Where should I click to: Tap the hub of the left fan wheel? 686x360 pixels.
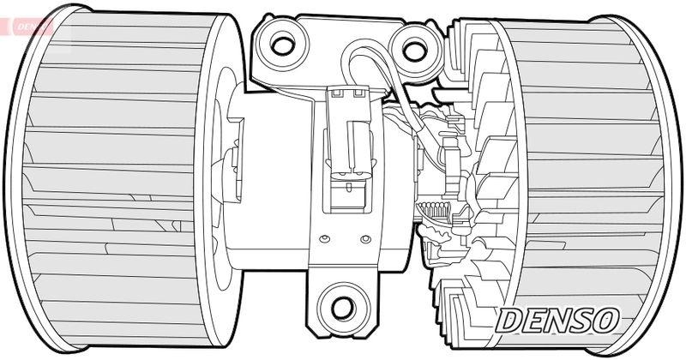227,167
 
